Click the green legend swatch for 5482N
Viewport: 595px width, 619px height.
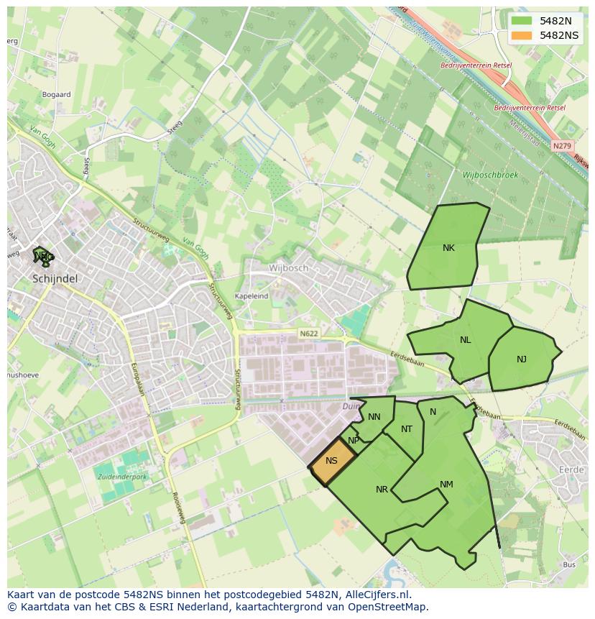click(x=522, y=21)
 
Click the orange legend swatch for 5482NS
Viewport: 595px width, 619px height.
click(x=522, y=35)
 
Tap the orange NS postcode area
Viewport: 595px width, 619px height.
click(x=332, y=461)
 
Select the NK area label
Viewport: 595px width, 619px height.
click(x=448, y=248)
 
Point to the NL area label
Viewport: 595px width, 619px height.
click(x=466, y=340)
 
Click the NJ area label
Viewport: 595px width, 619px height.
click(x=522, y=359)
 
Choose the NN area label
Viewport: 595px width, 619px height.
click(x=374, y=417)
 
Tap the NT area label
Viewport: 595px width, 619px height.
click(x=407, y=429)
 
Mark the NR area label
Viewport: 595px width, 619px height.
click(x=382, y=490)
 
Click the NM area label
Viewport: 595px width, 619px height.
click(x=446, y=485)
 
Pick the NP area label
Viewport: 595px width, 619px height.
click(x=354, y=441)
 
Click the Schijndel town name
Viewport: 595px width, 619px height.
click(x=55, y=278)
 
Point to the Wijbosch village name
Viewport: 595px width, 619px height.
click(x=288, y=267)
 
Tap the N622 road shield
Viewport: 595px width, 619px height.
click(x=308, y=334)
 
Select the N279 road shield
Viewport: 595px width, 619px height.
click(x=562, y=146)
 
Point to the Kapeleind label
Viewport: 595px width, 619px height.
click(x=252, y=295)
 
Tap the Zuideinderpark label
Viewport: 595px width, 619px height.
click(x=121, y=476)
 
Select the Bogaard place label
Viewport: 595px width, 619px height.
click(x=56, y=94)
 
